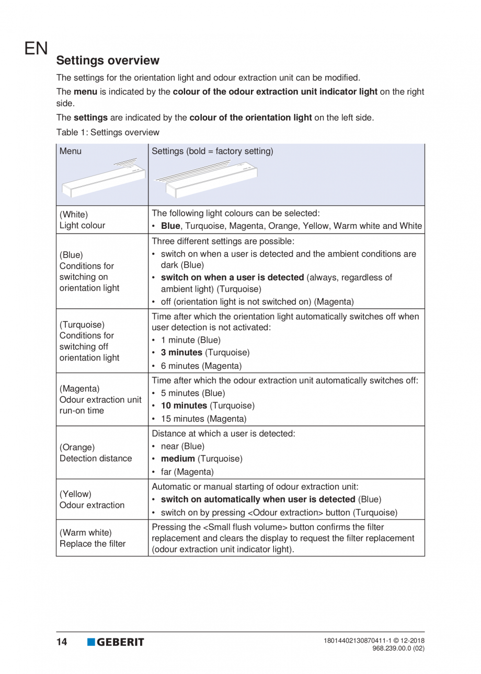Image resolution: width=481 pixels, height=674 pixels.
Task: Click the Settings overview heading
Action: [108, 61]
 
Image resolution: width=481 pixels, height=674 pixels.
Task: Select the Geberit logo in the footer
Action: [116, 642]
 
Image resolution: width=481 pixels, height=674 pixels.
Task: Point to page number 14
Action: [62, 642]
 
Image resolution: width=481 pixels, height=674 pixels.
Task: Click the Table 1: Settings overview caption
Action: [108, 133]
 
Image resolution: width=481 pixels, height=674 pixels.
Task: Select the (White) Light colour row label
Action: [83, 220]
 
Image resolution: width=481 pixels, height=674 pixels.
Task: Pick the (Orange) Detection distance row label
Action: [96, 452]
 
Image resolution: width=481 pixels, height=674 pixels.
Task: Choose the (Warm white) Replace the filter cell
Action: [93, 538]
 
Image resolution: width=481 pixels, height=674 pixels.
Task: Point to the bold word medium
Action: [177, 459]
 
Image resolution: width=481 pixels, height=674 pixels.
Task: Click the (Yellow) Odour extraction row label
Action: [91, 499]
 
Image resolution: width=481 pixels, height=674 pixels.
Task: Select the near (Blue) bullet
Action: [182, 446]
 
